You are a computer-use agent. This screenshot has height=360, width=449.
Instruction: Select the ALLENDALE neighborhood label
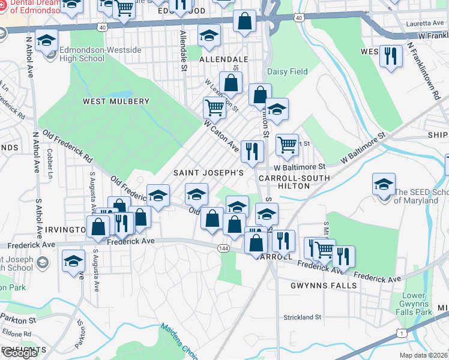(223, 60)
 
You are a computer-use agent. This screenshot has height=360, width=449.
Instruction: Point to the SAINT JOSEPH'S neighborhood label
(208, 173)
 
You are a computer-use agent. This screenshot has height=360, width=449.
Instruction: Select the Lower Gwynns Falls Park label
(417, 304)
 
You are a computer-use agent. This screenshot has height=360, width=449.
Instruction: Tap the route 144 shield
(224, 248)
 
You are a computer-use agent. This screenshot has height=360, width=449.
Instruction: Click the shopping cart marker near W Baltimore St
(288, 144)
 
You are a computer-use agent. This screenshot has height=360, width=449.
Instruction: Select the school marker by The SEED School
(384, 184)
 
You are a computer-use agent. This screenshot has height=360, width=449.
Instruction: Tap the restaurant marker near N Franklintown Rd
(391, 56)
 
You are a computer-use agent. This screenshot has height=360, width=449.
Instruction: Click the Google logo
(20, 353)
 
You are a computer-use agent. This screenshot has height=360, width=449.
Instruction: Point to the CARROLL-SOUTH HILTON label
(294, 182)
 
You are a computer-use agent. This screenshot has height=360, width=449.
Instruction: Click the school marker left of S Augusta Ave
(73, 261)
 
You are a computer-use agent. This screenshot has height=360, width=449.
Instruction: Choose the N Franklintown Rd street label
(423, 71)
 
